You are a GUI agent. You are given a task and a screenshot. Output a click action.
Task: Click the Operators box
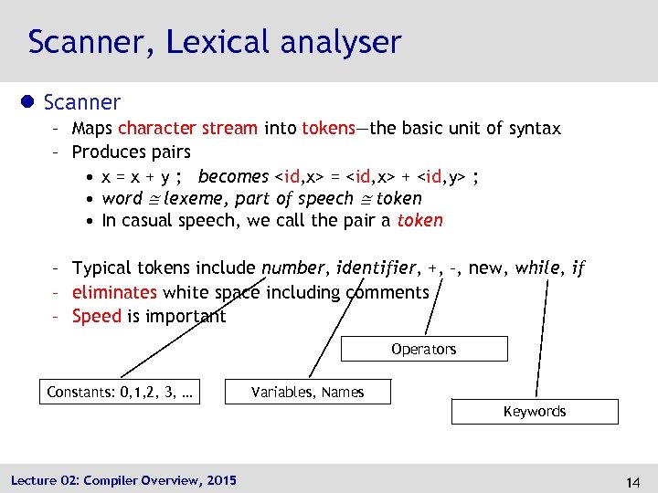pyautogui.click(x=423, y=350)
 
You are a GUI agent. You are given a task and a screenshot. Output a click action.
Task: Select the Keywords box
pyautogui.click(x=535, y=412)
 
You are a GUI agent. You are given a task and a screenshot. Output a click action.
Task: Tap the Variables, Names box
pyautogui.click(x=308, y=393)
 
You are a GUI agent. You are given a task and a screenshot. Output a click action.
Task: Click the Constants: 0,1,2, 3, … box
pyautogui.click(x=120, y=393)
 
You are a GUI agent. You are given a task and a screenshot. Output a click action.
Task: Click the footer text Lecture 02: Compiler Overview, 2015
pyautogui.click(x=123, y=480)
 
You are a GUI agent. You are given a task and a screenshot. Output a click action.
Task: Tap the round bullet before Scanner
pyautogui.click(x=30, y=103)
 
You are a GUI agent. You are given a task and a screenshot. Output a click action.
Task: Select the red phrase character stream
pyautogui.click(x=187, y=129)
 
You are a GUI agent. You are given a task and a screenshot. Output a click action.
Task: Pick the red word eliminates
pyautogui.click(x=114, y=292)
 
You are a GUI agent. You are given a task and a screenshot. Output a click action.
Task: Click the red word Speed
pyautogui.click(x=96, y=316)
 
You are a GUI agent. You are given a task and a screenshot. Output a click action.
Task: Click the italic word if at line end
pyautogui.click(x=578, y=268)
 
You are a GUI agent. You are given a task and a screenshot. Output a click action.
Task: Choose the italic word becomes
pyautogui.click(x=233, y=176)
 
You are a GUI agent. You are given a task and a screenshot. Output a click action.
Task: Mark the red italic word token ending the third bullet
pyautogui.click(x=420, y=220)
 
